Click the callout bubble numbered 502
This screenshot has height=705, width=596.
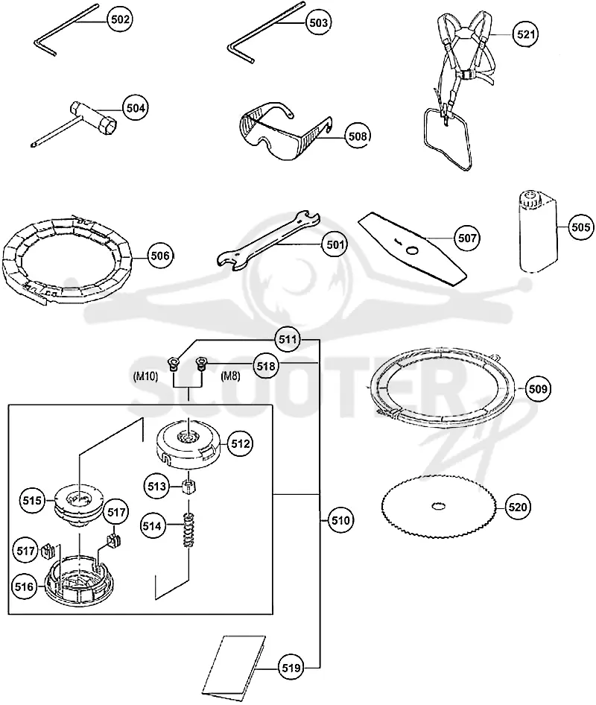[119, 19]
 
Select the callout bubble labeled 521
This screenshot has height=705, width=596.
[525, 34]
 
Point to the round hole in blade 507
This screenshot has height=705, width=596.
[411, 249]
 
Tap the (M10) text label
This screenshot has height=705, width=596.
[145, 376]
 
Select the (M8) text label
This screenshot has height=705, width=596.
[230, 376]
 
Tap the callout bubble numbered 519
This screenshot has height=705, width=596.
[291, 668]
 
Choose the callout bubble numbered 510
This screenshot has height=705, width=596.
[340, 521]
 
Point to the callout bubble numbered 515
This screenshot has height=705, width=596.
[32, 500]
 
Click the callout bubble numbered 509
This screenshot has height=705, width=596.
[538, 388]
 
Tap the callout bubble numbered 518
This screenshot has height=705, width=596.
[265, 366]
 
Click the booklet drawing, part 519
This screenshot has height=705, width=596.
[232, 666]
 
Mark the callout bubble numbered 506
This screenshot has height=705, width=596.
[160, 256]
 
